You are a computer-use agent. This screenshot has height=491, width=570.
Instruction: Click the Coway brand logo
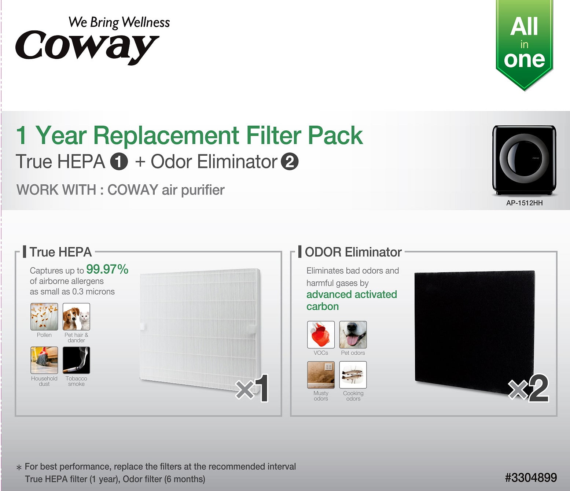[x=87, y=47]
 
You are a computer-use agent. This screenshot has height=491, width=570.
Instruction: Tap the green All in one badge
[x=524, y=44]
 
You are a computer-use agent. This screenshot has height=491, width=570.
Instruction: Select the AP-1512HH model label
[x=524, y=203]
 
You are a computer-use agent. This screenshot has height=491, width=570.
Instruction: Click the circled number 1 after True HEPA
[x=119, y=162]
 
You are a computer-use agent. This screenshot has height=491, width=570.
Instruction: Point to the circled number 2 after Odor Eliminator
[x=290, y=162]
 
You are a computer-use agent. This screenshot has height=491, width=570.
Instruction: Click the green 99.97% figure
[x=107, y=269]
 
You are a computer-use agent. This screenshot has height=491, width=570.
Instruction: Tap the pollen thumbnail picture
[x=44, y=317]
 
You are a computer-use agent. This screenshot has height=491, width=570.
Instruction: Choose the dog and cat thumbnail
[x=76, y=317]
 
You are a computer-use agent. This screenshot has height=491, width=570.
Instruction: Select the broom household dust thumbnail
[x=44, y=360]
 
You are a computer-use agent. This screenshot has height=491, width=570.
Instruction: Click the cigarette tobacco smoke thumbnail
[x=76, y=360]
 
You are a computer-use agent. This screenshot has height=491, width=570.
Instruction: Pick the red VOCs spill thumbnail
[x=321, y=335]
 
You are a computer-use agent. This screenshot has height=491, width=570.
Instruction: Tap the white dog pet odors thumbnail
[x=353, y=335]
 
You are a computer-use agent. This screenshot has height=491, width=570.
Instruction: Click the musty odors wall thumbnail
[x=321, y=374]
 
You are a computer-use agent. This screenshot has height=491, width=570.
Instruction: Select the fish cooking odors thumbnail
[x=353, y=374]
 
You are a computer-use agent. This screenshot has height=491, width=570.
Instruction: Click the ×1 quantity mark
[x=252, y=388]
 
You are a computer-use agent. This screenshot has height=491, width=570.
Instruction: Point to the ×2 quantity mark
[x=528, y=388]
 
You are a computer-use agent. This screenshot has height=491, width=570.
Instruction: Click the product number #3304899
[x=531, y=478]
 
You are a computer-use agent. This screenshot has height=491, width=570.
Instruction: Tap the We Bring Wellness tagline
[x=119, y=23]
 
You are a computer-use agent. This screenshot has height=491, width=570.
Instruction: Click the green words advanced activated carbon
[x=352, y=300]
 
